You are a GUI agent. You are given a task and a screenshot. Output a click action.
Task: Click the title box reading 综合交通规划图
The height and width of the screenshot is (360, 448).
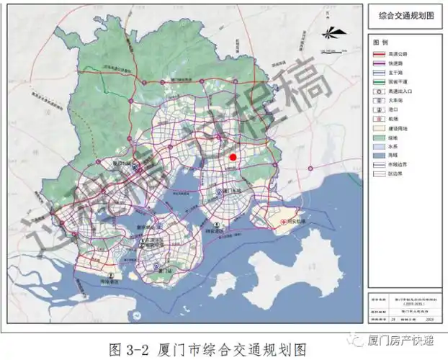[x=404, y=14]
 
